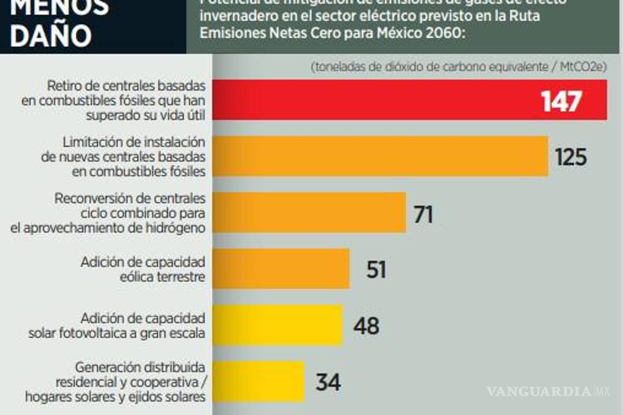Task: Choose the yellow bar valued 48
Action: coord(277,325)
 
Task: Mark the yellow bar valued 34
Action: coord(258,381)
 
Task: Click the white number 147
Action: coord(560,101)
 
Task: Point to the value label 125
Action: coord(571,157)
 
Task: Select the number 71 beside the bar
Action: coord(423,213)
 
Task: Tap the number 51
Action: coord(376,269)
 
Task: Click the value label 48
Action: coord(366,326)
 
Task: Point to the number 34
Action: coord(328,382)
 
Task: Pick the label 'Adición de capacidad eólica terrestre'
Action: coord(143,269)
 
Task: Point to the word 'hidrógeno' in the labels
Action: coord(175,227)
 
